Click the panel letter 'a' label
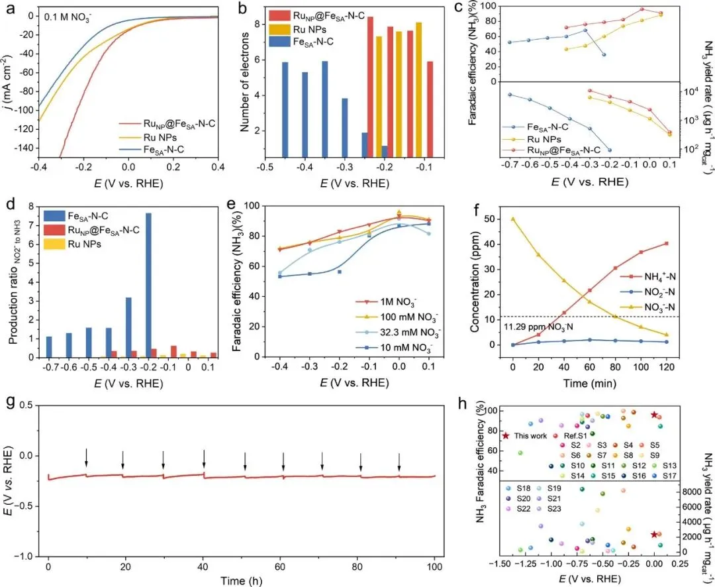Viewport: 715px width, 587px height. (9, 8)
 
